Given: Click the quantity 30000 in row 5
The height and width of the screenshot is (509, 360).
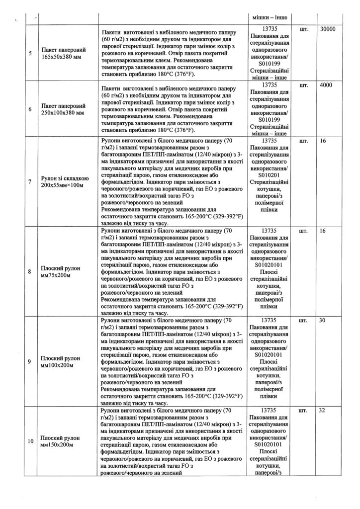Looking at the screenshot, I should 328,29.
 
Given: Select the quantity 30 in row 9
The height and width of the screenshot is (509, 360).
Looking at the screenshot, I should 322,320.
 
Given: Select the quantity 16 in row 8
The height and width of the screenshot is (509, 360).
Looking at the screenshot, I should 322,231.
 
